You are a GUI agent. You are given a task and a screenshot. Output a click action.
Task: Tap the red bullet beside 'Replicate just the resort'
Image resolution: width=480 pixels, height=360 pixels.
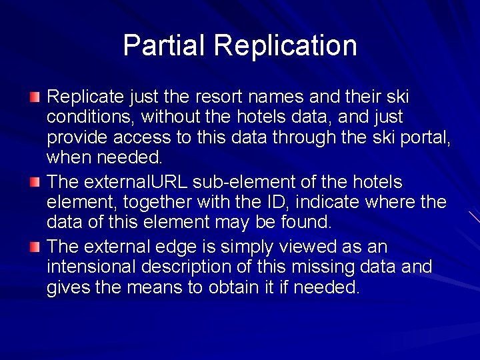click(x=35, y=98)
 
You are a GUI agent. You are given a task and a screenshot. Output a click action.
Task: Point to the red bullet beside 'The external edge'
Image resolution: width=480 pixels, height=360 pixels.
click(x=35, y=247)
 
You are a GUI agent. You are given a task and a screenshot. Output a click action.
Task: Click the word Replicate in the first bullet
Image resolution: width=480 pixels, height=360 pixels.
click(x=85, y=97)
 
